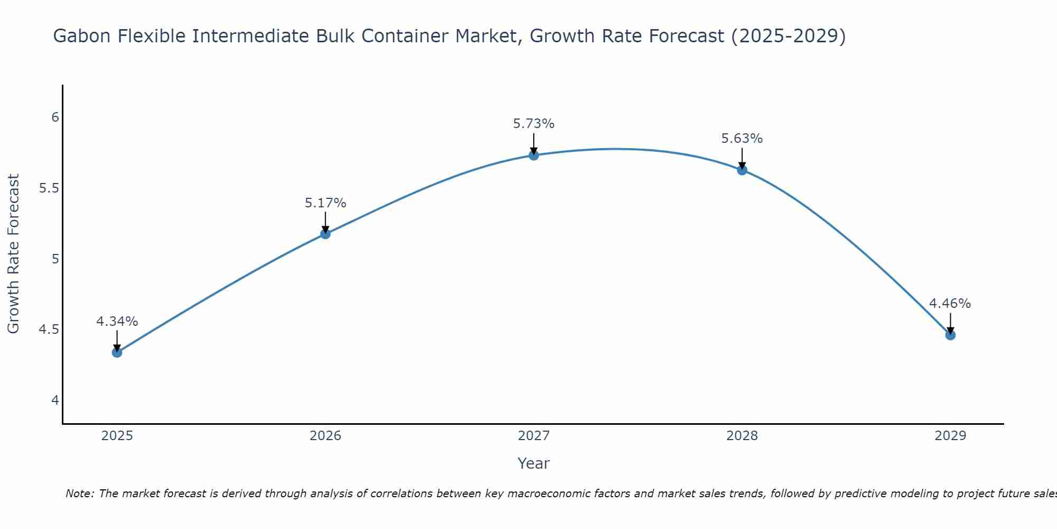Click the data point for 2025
(x=117, y=352)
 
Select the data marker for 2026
(x=326, y=234)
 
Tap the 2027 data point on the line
(x=534, y=155)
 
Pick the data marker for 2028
(x=742, y=170)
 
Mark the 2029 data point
(x=950, y=335)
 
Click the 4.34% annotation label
(x=117, y=322)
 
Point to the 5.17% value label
(x=326, y=203)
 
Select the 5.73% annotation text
(x=534, y=124)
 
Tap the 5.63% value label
(x=742, y=139)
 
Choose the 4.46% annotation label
(x=950, y=304)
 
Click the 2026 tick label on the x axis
(x=326, y=436)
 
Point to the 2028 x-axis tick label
(x=742, y=436)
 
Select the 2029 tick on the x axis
(x=950, y=436)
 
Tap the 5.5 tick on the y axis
(x=49, y=188)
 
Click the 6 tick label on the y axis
(x=55, y=117)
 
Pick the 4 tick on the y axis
(x=55, y=400)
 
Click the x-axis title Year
(x=534, y=463)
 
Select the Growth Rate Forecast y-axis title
(x=14, y=254)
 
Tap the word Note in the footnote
(x=79, y=494)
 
